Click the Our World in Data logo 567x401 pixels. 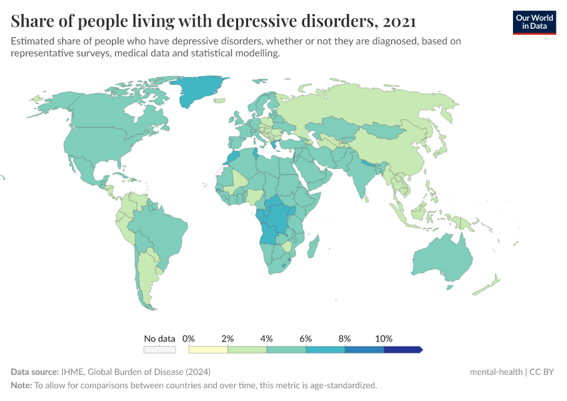[534, 22]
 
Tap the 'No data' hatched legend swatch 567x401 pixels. [159, 349]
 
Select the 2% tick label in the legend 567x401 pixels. [227, 339]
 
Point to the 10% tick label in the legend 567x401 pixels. [384, 339]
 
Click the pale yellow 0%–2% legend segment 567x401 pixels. [208, 349]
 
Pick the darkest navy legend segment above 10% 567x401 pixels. [402, 349]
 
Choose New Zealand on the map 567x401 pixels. [487, 284]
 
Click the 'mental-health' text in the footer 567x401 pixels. [496, 372]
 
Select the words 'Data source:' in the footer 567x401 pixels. [34, 372]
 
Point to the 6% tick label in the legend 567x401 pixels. [306, 339]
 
